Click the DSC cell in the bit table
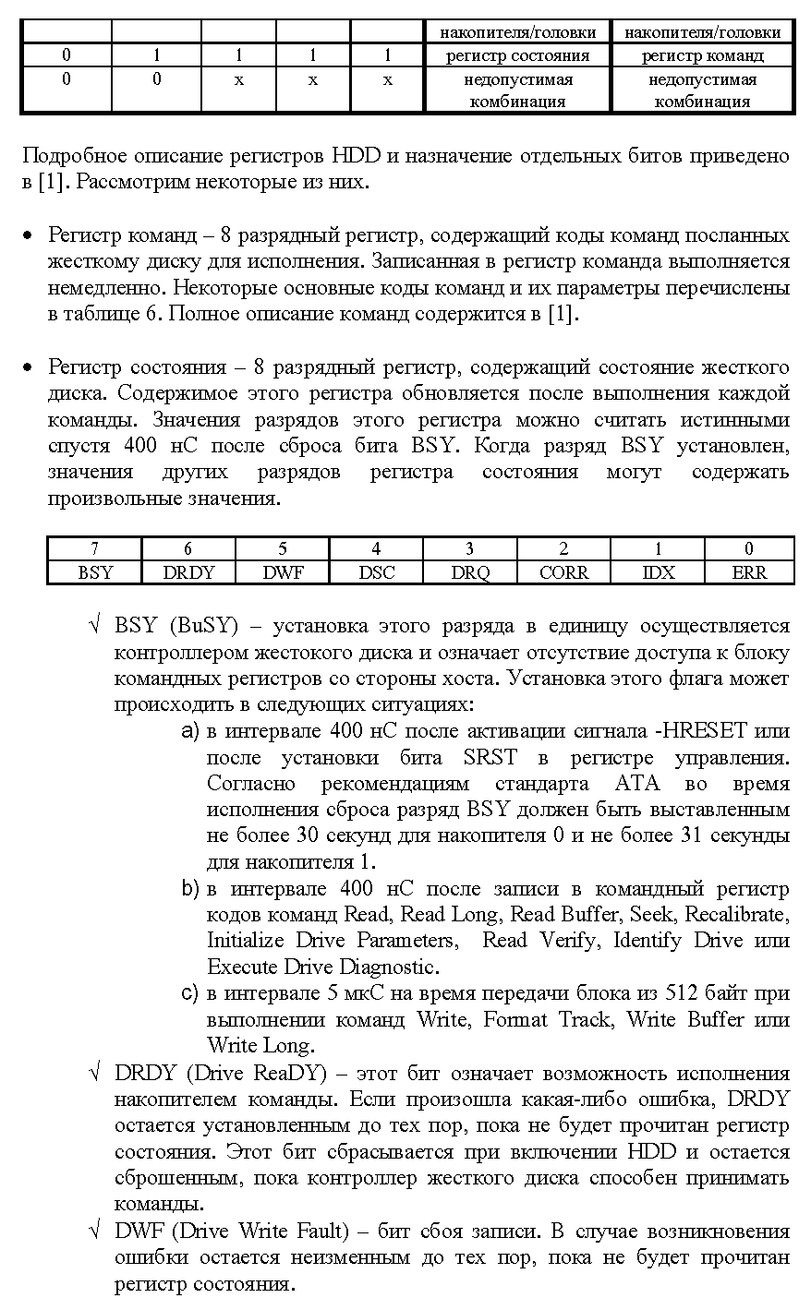tap(376, 572)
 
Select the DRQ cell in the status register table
tap(470, 572)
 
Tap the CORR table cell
tap(563, 572)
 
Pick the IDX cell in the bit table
tap(658, 572)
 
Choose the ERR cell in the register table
tap(748, 572)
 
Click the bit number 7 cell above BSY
tap(95, 549)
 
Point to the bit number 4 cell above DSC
tap(376, 549)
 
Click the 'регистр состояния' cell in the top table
tap(517, 55)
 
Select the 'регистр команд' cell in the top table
tap(703, 55)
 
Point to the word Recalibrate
tap(739, 915)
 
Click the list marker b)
tap(190, 889)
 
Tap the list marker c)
tap(190, 994)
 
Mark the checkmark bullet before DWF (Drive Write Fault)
tap(94, 1232)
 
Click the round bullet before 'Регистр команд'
tap(29, 236)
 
